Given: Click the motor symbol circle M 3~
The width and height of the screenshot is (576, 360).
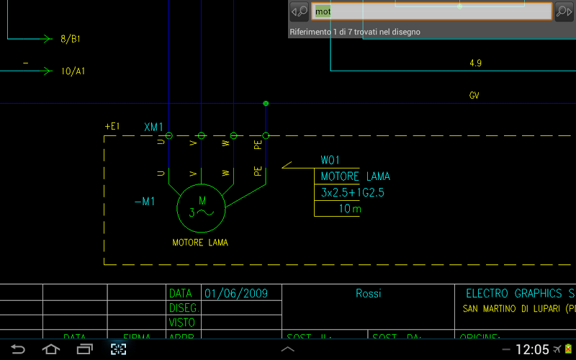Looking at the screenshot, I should coord(202,207).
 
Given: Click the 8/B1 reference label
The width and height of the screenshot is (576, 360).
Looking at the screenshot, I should coord(71,39).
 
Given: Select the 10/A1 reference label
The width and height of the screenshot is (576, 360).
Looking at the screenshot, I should coord(73,71).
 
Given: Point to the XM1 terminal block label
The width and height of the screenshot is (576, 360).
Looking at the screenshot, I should coord(154,127).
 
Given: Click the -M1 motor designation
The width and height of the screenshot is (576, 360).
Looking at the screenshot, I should coord(144,202).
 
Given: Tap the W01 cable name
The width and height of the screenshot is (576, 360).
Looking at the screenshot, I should coord(330,160).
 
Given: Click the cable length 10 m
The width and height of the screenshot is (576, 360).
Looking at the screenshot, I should coord(350,209).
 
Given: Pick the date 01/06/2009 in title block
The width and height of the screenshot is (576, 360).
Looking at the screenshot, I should coord(236,293).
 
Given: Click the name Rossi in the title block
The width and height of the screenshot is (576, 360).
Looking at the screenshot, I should coord(368,293).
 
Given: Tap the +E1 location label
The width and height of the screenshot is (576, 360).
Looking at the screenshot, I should coord(112,127).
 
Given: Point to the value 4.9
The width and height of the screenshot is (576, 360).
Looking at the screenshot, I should coord(475,63).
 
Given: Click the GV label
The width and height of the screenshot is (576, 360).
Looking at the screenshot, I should coord(474,96).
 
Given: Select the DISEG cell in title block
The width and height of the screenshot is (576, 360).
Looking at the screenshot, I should coord(182,308).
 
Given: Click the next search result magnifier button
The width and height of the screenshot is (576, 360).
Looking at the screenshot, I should coord(563,12).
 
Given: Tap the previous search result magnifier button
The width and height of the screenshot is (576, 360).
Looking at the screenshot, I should coord(299,12).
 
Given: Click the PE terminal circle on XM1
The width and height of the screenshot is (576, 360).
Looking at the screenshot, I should coord(266,135).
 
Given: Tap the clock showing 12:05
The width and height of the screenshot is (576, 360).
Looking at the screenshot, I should coord(532,350).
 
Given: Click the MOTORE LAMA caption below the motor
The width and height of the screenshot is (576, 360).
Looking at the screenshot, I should coord(200,243).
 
